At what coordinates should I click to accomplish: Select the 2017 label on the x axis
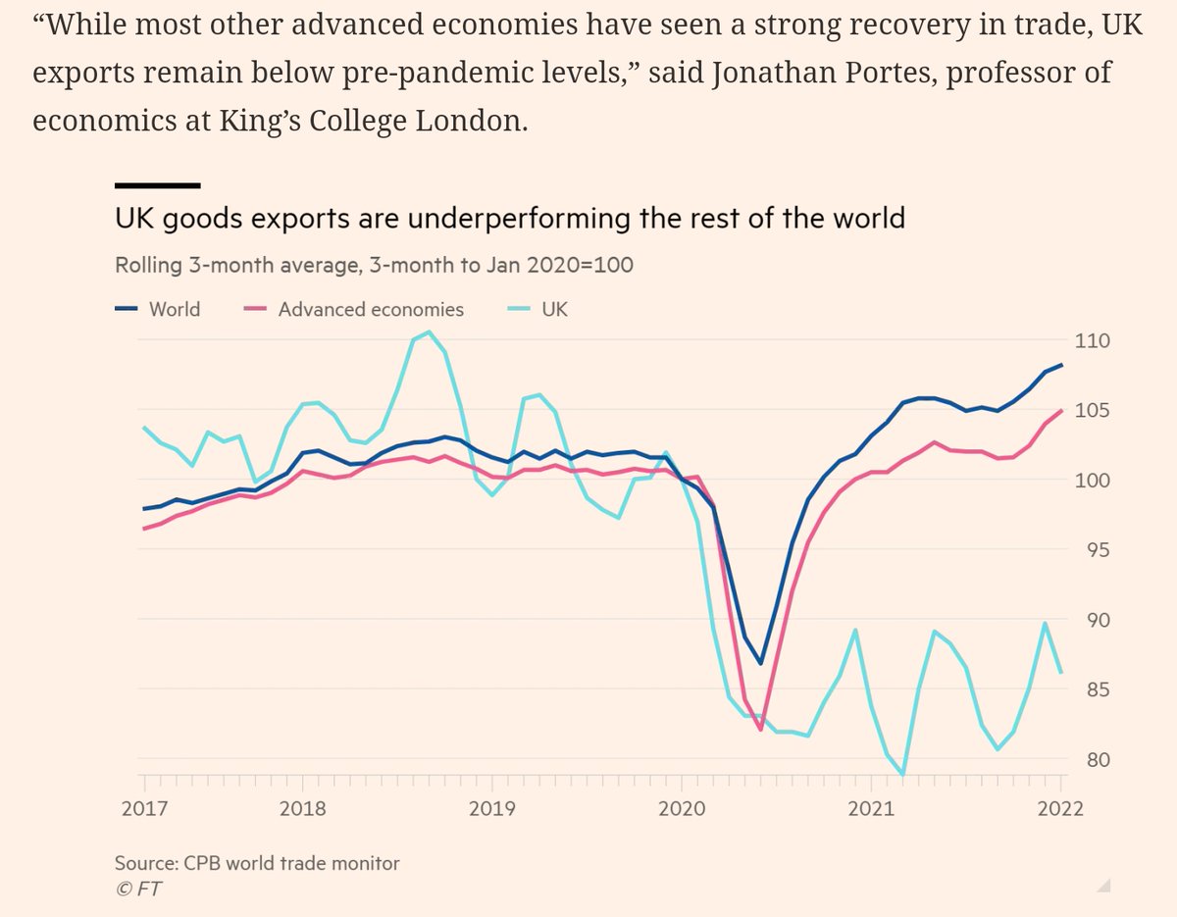pyautogui.click(x=144, y=809)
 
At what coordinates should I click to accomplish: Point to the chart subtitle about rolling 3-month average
pyautogui.click(x=374, y=265)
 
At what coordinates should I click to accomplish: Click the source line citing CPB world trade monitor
pyautogui.click(x=257, y=863)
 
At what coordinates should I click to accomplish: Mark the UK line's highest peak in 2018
pyautogui.click(x=430, y=331)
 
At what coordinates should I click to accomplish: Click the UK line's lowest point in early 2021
pyautogui.click(x=902, y=775)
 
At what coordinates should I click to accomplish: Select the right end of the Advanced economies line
pyautogui.click(x=1062, y=410)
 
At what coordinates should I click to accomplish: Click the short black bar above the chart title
pyautogui.click(x=157, y=184)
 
